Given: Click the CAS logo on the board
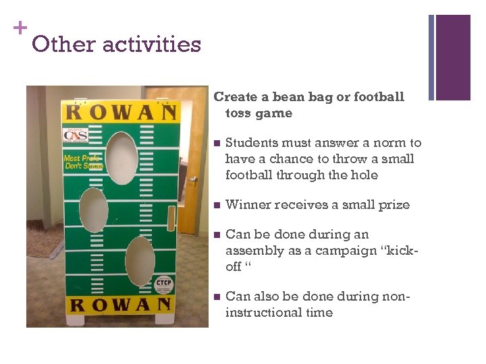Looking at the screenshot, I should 75,135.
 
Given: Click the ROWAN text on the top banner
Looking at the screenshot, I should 122,111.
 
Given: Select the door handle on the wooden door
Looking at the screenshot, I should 193,179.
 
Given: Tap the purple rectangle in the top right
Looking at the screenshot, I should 453,57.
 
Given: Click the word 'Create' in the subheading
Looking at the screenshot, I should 235,97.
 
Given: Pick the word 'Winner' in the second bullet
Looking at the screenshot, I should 245,205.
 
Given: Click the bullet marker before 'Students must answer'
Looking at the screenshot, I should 215,144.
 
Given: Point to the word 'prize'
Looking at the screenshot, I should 393,205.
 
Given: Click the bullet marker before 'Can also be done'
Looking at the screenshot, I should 215,297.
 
